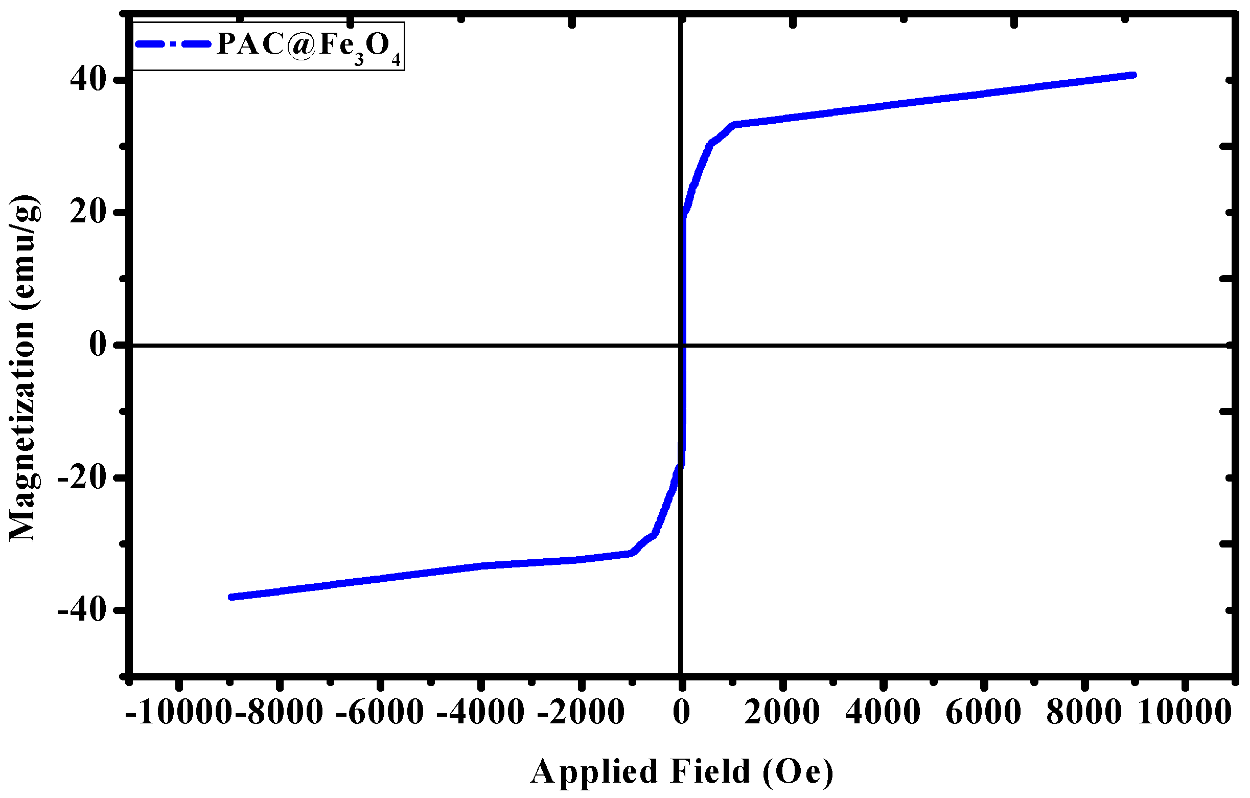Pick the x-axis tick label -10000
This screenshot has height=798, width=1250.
click(177, 712)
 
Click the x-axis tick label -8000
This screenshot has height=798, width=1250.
click(279, 712)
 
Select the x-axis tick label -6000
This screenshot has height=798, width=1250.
click(380, 712)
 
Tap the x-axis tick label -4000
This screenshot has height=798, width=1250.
click(481, 712)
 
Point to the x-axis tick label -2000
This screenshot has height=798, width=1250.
click(581, 712)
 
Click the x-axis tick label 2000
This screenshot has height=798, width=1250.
click(782, 712)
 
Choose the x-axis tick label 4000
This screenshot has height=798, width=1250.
click(883, 712)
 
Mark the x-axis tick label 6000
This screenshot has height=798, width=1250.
click(983, 712)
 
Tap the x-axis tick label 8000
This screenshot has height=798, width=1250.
click(1084, 712)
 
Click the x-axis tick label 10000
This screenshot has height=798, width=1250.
click(1184, 712)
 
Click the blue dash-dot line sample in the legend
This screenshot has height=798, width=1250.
click(173, 44)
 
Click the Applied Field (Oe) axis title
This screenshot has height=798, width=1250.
click(682, 771)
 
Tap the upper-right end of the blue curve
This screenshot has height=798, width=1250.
click(1133, 75)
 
